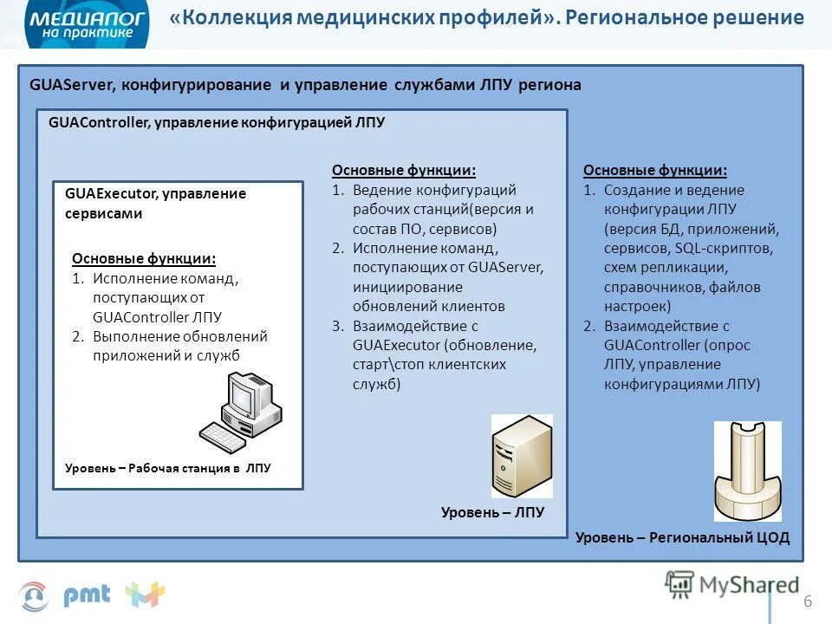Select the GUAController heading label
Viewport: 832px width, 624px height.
(99, 123)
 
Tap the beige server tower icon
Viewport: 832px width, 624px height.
(521, 455)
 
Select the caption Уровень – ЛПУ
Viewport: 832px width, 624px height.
(492, 512)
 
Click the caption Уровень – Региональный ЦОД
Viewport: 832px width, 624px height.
(682, 537)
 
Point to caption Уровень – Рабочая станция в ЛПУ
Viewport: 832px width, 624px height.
(167, 468)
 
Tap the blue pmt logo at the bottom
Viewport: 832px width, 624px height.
(87, 595)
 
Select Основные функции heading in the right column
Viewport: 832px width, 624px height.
(655, 171)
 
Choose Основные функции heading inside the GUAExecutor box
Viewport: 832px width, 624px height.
(144, 258)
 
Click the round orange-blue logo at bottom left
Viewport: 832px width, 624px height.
(34, 596)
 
